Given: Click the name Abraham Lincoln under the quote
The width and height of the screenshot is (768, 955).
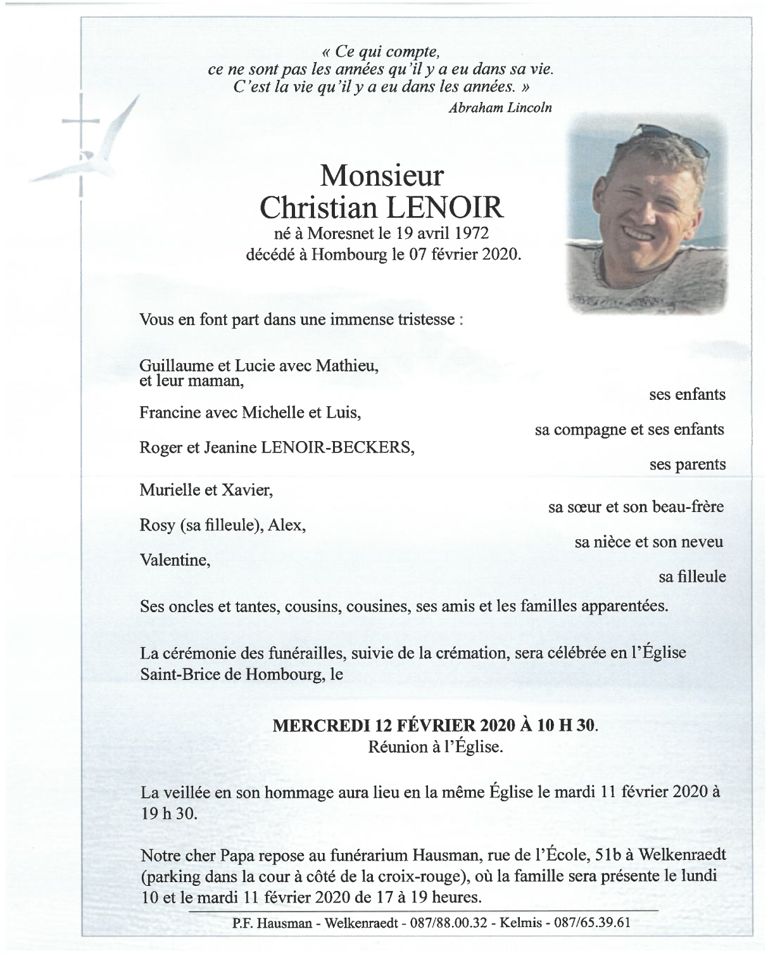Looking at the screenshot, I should (500, 108).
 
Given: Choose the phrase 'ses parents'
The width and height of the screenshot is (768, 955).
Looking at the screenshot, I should (687, 465).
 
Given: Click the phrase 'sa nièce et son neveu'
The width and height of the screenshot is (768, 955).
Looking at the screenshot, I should (649, 542).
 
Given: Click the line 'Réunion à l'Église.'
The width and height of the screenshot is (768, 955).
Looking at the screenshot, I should (436, 747).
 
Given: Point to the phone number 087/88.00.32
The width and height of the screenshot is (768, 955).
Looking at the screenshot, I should (450, 923).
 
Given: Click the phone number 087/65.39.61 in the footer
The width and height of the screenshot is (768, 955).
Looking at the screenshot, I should (593, 923).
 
